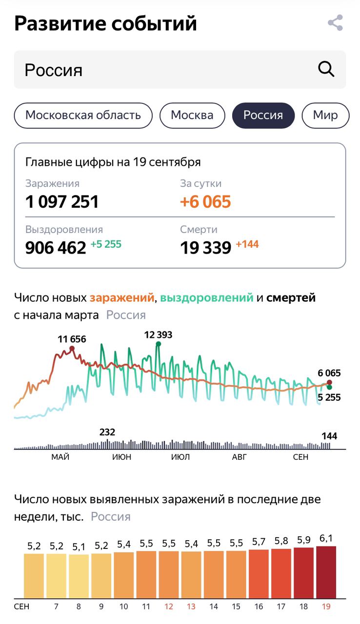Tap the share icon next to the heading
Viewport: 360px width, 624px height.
pyautogui.click(x=335, y=23)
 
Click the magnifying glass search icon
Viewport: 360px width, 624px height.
pyautogui.click(x=326, y=69)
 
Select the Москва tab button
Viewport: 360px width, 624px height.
pyautogui.click(x=192, y=116)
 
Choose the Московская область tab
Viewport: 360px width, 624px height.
pyautogui.click(x=83, y=116)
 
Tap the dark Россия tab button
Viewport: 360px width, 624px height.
pyautogui.click(x=263, y=116)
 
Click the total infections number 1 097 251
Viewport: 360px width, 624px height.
pyautogui.click(x=62, y=201)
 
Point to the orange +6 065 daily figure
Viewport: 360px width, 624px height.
pyautogui.click(x=205, y=201)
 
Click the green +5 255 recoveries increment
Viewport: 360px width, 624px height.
pyautogui.click(x=106, y=244)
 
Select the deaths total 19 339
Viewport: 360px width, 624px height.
pyautogui.click(x=205, y=248)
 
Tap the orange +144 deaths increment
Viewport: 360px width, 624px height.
pyautogui.click(x=247, y=244)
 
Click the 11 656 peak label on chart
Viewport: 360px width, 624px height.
pyautogui.click(x=72, y=339)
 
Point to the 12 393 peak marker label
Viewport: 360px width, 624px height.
pyautogui.click(x=158, y=335)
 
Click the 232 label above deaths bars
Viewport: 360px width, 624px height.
pyautogui.click(x=107, y=432)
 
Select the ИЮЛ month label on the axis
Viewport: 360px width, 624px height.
pyautogui.click(x=180, y=457)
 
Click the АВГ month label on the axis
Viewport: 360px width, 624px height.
pyautogui.click(x=240, y=457)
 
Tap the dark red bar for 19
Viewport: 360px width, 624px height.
pyautogui.click(x=326, y=572)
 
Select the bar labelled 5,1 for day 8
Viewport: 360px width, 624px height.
pyautogui.click(x=79, y=576)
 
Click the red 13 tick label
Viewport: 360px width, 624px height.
pyautogui.click(x=191, y=607)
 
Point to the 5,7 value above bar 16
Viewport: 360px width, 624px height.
pyautogui.click(x=259, y=542)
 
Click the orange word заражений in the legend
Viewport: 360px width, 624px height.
pyautogui.click(x=121, y=297)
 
